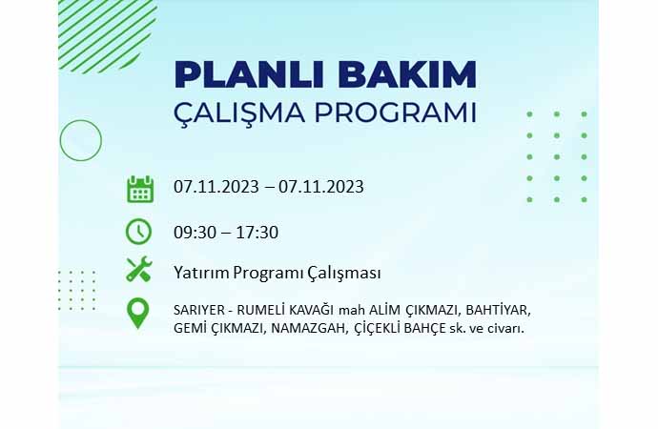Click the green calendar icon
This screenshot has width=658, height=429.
[x=140, y=190]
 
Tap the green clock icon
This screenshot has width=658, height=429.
[x=138, y=232]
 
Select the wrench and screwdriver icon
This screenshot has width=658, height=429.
[x=139, y=269]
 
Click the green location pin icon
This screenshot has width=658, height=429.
[x=137, y=313]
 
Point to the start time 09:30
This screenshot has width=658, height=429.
[x=195, y=233]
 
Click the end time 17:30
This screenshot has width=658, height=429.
[x=257, y=233]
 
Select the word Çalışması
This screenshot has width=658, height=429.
[x=344, y=273]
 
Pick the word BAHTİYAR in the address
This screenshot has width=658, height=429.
[x=499, y=311]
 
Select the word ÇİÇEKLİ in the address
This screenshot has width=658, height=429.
[x=378, y=328]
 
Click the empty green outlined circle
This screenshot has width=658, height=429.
[x=80, y=120]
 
